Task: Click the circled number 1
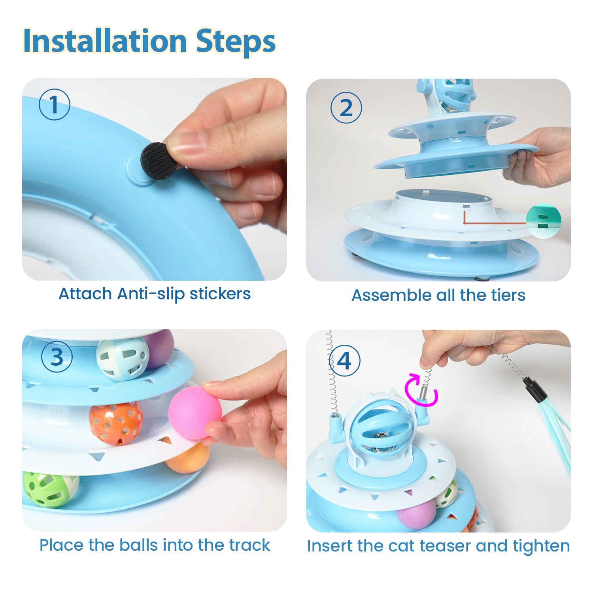(54, 105)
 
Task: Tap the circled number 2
(346, 108)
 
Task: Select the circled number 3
(57, 357)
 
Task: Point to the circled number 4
(344, 361)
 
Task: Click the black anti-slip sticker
(156, 160)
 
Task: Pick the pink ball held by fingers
(195, 413)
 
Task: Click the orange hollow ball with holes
(115, 423)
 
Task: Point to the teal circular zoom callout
(544, 221)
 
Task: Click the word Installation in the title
(105, 41)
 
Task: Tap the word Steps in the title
(236, 42)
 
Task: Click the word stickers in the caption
(220, 294)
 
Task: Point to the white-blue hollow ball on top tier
(123, 359)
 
